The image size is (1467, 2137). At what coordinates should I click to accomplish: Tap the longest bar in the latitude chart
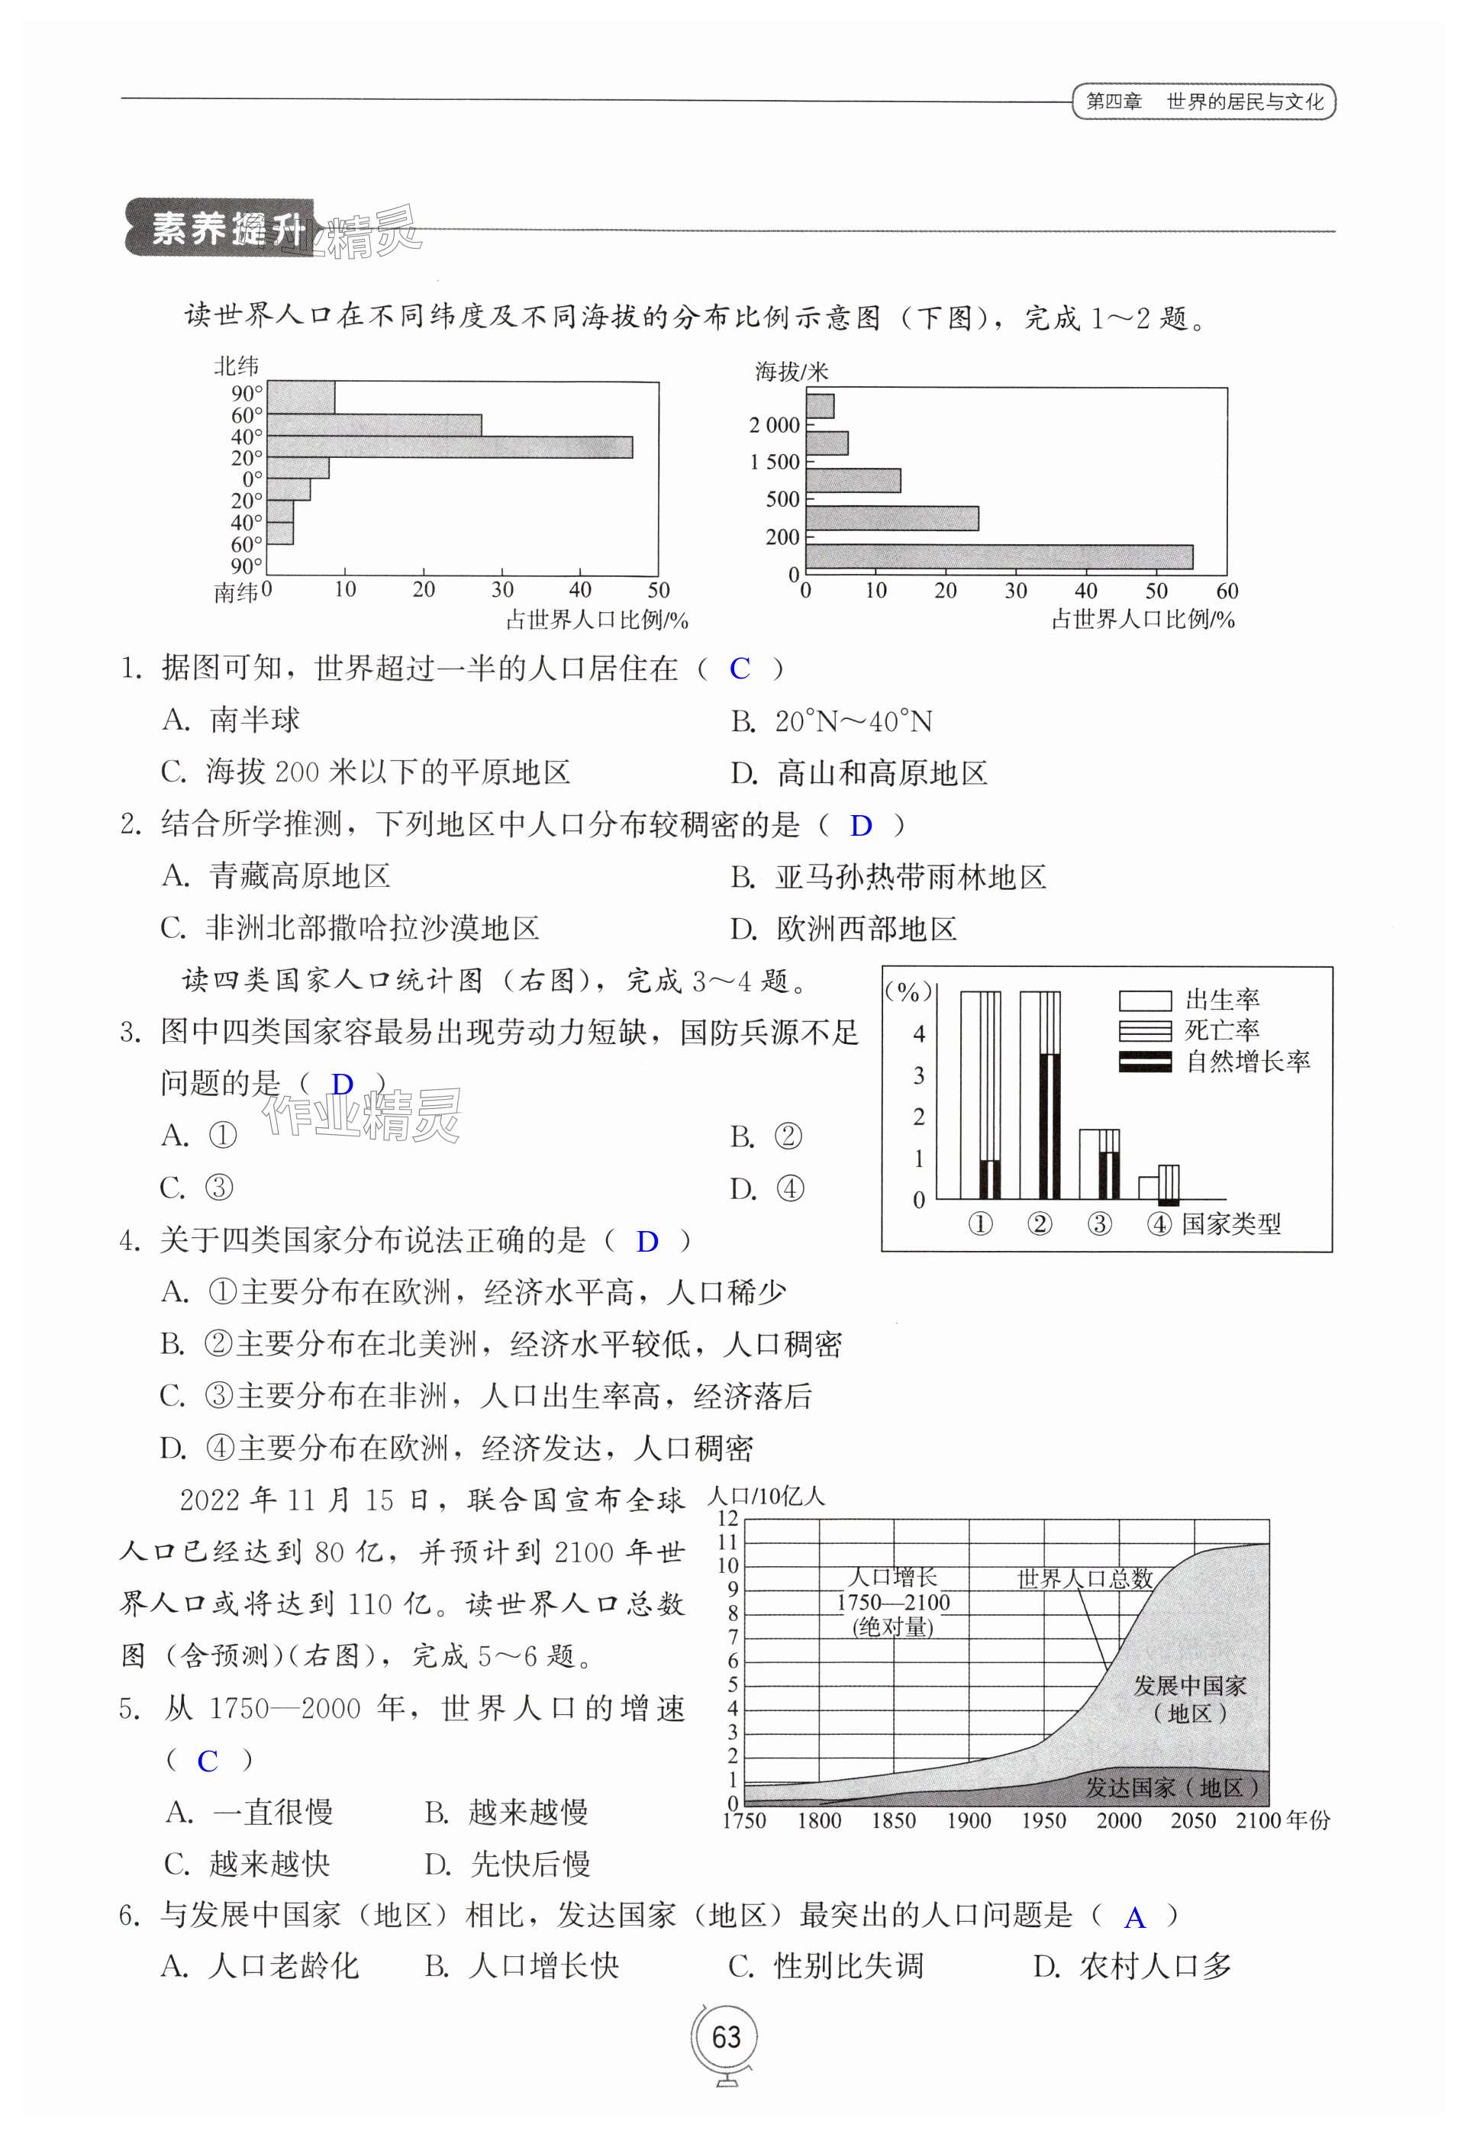click(x=449, y=447)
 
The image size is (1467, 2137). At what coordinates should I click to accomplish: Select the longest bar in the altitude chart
click(x=999, y=557)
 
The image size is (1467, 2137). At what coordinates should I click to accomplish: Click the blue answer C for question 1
click(x=740, y=669)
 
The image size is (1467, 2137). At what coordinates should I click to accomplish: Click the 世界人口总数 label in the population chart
click(x=1085, y=1579)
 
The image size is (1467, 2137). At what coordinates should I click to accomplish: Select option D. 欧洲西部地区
click(x=843, y=929)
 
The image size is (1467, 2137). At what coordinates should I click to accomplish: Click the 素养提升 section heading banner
click(x=220, y=228)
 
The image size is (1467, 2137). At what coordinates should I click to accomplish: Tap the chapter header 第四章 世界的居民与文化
click(x=1204, y=102)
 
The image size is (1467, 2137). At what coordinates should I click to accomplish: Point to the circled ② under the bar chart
click(x=1040, y=1225)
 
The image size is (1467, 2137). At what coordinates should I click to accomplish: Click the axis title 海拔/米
click(x=791, y=372)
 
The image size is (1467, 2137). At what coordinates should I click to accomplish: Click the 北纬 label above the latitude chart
click(x=237, y=366)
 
